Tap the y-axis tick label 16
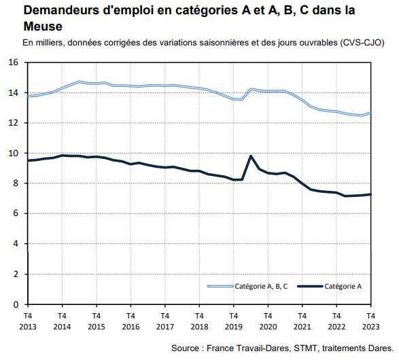[x=14, y=62]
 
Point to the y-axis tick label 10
[x=14, y=154]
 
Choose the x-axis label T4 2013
[x=27, y=321]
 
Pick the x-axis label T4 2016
[x=131, y=321]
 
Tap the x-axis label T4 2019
[x=233, y=321]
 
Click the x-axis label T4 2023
[x=370, y=321]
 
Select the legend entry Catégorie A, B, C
[x=261, y=287]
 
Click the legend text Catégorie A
[x=343, y=287]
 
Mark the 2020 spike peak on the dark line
[x=251, y=156]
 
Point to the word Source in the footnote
[x=190, y=348]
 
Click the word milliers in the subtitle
[x=50, y=43]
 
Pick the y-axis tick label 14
[x=14, y=93]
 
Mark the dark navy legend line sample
[x=308, y=287]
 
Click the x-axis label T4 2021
[x=302, y=321]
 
